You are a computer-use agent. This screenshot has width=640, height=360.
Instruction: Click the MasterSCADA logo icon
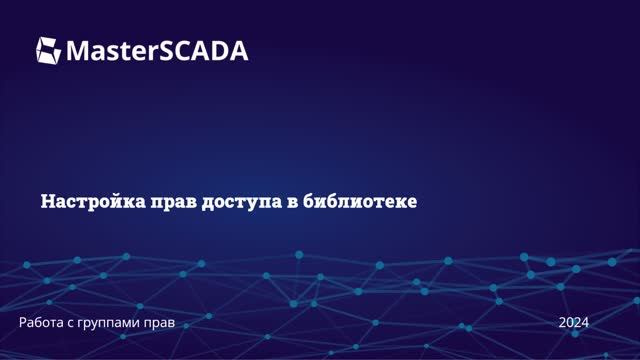[49, 49]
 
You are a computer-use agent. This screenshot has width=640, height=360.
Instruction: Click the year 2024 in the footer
[573, 322]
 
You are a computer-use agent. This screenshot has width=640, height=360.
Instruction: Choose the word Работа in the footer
[43, 322]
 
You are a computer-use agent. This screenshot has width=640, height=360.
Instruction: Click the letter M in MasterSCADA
[78, 50]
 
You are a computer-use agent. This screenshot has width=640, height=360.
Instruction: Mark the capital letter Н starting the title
[46, 201]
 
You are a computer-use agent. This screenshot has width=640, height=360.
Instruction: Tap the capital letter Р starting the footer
[23, 322]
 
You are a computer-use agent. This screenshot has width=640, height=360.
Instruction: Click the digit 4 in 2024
[584, 322]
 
